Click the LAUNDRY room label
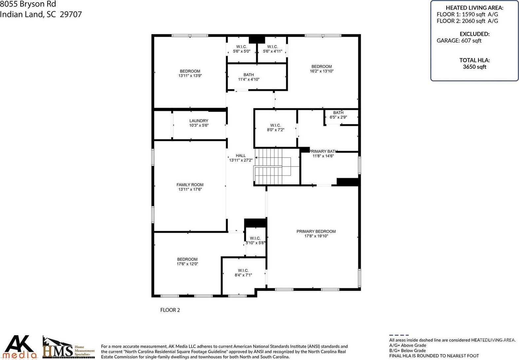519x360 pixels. (x=199, y=121)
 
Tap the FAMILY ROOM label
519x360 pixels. (x=190, y=185)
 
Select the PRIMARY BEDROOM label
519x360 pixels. (x=316, y=231)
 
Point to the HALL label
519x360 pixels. (x=241, y=155)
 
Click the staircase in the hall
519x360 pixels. (x=272, y=166)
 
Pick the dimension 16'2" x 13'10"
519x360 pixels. (x=322, y=71)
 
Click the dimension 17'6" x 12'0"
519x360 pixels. (x=188, y=264)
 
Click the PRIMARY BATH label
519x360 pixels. (x=323, y=151)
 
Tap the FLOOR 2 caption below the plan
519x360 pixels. (x=170, y=310)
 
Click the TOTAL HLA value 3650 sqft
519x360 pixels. (x=474, y=67)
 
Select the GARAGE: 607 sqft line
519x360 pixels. (x=459, y=41)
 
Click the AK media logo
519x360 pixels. (x=19, y=347)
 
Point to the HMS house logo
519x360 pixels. (x=69, y=347)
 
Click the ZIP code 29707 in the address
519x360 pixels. (x=71, y=14)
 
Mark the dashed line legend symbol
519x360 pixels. (x=399, y=335)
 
